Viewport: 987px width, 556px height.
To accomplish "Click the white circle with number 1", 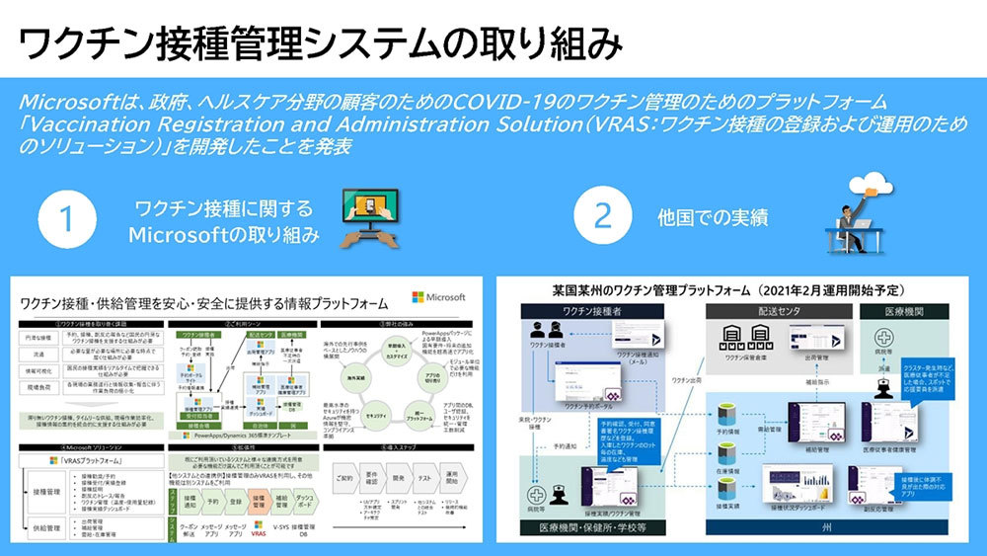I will click(66, 219).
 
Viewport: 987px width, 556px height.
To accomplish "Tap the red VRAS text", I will click(261, 532).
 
